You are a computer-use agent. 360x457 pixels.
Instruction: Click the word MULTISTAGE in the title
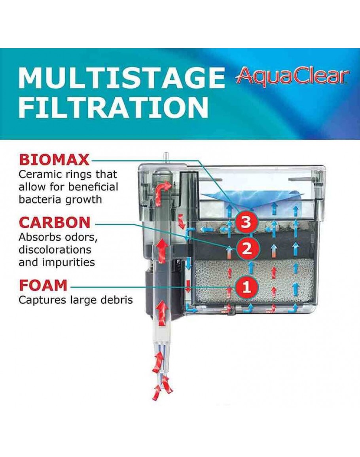coord(121,78)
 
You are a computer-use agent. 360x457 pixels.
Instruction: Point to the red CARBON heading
coord(55,223)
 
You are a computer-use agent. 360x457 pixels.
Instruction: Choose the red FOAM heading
coord(43,285)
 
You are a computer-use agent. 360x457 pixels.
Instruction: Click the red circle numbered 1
coord(246,287)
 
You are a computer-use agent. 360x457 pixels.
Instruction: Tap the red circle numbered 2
coord(246,248)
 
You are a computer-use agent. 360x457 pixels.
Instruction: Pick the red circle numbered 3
coord(246,222)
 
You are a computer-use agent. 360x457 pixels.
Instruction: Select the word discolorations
coord(55,250)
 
